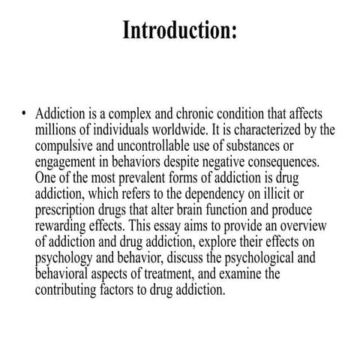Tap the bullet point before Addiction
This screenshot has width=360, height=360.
point(25,114)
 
